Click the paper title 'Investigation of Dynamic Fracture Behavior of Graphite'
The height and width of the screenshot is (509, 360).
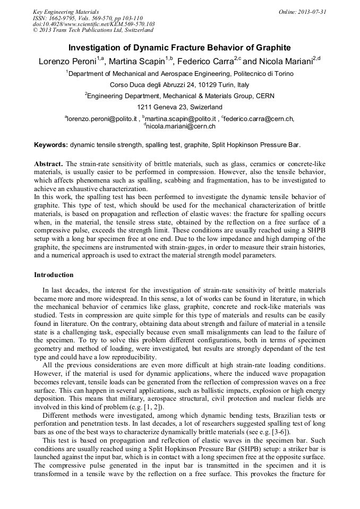click(x=179, y=47)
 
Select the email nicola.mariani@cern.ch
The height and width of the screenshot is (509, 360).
click(x=181, y=127)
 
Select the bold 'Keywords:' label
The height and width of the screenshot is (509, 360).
click(x=51, y=144)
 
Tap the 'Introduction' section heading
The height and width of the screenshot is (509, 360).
click(x=54, y=275)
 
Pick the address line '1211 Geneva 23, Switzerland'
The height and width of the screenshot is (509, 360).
click(x=179, y=107)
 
